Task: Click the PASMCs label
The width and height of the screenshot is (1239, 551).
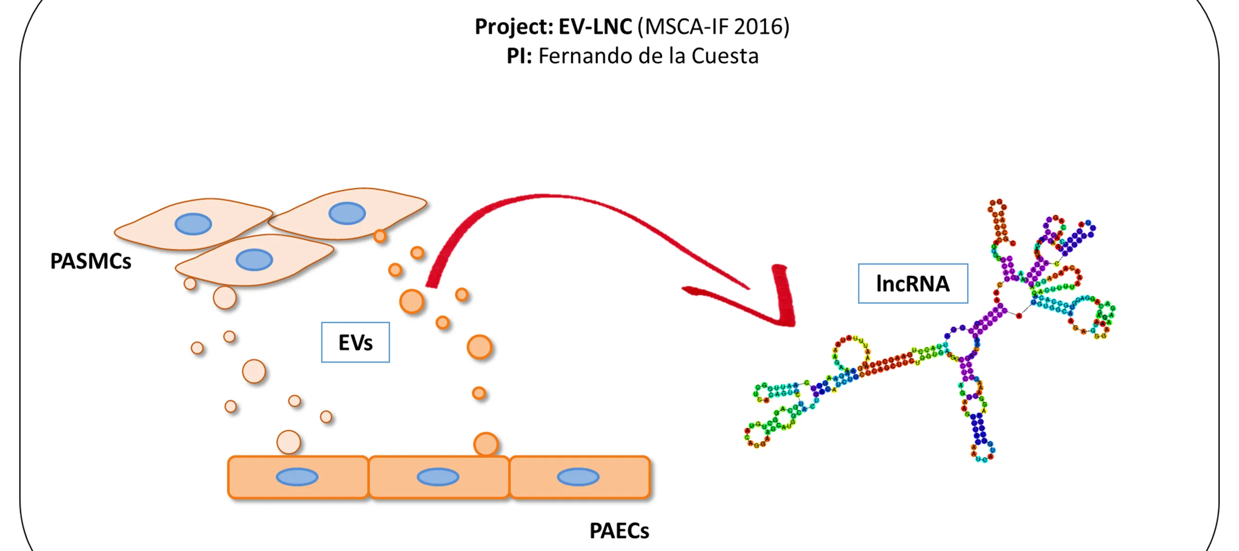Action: click(90, 261)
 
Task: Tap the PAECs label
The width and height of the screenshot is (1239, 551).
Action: click(619, 531)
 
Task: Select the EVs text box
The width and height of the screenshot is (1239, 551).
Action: click(355, 342)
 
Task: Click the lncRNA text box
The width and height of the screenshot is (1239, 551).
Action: click(912, 283)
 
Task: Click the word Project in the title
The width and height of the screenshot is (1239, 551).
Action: click(513, 27)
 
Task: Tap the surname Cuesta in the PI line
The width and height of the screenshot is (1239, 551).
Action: click(725, 56)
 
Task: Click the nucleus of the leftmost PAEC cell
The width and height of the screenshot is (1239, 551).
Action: click(297, 477)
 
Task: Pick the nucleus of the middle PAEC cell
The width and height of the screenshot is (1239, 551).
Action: click(438, 477)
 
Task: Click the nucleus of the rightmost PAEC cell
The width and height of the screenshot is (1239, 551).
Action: click(578, 477)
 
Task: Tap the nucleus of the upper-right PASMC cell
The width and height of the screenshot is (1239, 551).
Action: click(347, 213)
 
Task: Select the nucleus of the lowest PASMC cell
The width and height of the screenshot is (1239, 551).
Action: click(254, 260)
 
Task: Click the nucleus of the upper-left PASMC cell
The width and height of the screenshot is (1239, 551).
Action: click(193, 224)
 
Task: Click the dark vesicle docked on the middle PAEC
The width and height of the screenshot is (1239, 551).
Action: click(486, 444)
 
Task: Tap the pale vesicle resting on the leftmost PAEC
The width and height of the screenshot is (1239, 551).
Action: click(289, 442)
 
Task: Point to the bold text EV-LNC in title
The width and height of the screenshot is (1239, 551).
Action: click(595, 27)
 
